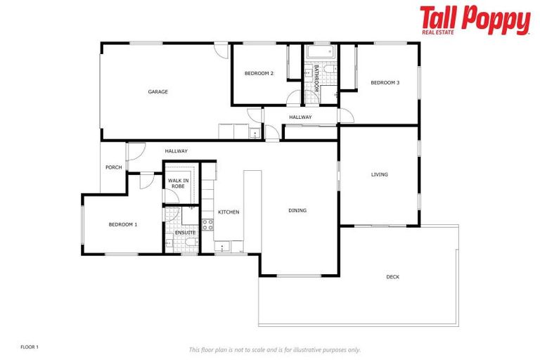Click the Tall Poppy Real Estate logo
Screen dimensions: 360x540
point(475,20)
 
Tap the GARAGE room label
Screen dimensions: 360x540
point(157,91)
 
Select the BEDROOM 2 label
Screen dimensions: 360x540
point(259,73)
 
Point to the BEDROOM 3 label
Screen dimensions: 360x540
point(385,83)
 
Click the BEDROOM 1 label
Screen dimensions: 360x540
point(122,224)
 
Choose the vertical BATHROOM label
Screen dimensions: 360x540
point(317,79)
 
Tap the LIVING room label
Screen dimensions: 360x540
point(380,174)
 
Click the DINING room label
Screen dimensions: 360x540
point(297,210)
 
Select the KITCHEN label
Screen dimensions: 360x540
point(229,212)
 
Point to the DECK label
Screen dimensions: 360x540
point(392,277)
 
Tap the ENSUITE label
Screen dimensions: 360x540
point(185,232)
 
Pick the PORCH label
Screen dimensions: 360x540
point(113,167)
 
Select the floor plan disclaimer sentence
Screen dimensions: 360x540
point(274,349)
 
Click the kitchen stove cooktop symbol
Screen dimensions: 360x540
point(208,225)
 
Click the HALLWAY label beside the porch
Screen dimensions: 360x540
point(176,151)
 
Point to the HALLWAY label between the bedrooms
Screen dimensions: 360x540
point(300,117)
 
